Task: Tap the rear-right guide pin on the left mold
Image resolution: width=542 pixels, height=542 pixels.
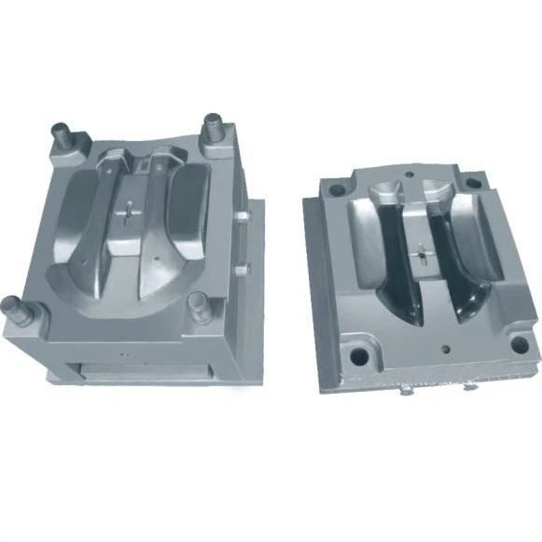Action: click(214, 124)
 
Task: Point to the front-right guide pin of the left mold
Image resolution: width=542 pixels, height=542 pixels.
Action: click(198, 303)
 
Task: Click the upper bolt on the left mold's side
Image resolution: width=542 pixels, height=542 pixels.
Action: click(242, 216)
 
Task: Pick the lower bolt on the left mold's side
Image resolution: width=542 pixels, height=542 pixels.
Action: click(242, 269)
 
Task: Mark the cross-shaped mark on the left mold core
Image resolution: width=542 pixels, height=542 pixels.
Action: click(125, 212)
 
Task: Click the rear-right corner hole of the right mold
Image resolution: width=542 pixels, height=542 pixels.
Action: click(474, 183)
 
